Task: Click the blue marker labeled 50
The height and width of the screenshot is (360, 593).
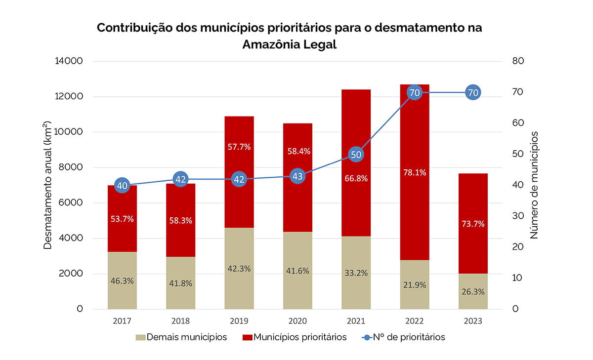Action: click(356, 155)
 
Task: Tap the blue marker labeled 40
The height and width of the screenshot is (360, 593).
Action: click(122, 186)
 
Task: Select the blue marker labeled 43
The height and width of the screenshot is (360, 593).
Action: click(297, 176)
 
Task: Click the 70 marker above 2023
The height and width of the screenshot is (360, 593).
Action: click(473, 92)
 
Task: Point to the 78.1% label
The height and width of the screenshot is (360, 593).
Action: click(414, 172)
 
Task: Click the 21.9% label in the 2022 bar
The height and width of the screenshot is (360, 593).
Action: click(414, 285)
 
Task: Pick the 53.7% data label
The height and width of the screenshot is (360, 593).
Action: click(122, 219)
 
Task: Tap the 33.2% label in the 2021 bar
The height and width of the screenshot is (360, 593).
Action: click(356, 273)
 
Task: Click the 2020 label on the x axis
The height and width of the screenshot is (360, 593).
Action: click(297, 321)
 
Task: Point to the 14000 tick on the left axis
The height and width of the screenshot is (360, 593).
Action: click(71, 61)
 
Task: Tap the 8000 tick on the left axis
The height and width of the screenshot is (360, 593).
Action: click(73, 167)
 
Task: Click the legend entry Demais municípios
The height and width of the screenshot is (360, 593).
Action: click(181, 337)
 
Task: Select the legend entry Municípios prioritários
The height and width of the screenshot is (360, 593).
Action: click(295, 337)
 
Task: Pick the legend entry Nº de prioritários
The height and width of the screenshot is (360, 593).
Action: click(404, 337)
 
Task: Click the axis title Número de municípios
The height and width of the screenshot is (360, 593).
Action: click(534, 185)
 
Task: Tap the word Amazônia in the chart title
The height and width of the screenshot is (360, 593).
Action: click(272, 44)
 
